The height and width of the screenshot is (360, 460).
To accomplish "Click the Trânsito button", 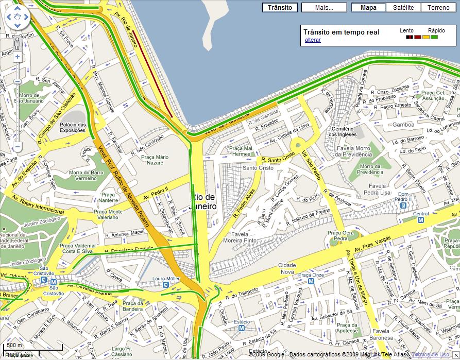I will (x=280, y=8).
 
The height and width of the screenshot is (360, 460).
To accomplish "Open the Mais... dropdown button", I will (x=323, y=8).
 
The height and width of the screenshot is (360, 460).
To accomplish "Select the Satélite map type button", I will (x=403, y=8).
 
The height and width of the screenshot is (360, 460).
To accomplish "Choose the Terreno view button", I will (x=438, y=8).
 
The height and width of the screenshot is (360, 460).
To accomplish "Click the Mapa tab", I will (x=368, y=8).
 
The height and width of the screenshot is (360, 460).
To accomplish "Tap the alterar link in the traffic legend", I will (x=313, y=40).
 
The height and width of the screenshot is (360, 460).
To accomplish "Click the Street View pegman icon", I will (x=17, y=42).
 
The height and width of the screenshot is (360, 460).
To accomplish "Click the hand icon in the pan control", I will (x=17, y=19).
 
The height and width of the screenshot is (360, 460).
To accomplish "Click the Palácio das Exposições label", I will (x=73, y=127).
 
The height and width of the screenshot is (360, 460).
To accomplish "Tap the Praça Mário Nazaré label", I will (x=155, y=159).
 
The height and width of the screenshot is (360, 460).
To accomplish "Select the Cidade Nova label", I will (x=287, y=268).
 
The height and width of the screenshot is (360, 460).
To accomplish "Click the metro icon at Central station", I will (x=420, y=220).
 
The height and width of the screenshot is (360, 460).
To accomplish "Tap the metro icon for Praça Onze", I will (x=311, y=281).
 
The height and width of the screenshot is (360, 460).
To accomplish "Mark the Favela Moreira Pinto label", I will (x=240, y=237).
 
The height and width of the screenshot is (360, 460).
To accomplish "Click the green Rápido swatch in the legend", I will (x=434, y=37).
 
